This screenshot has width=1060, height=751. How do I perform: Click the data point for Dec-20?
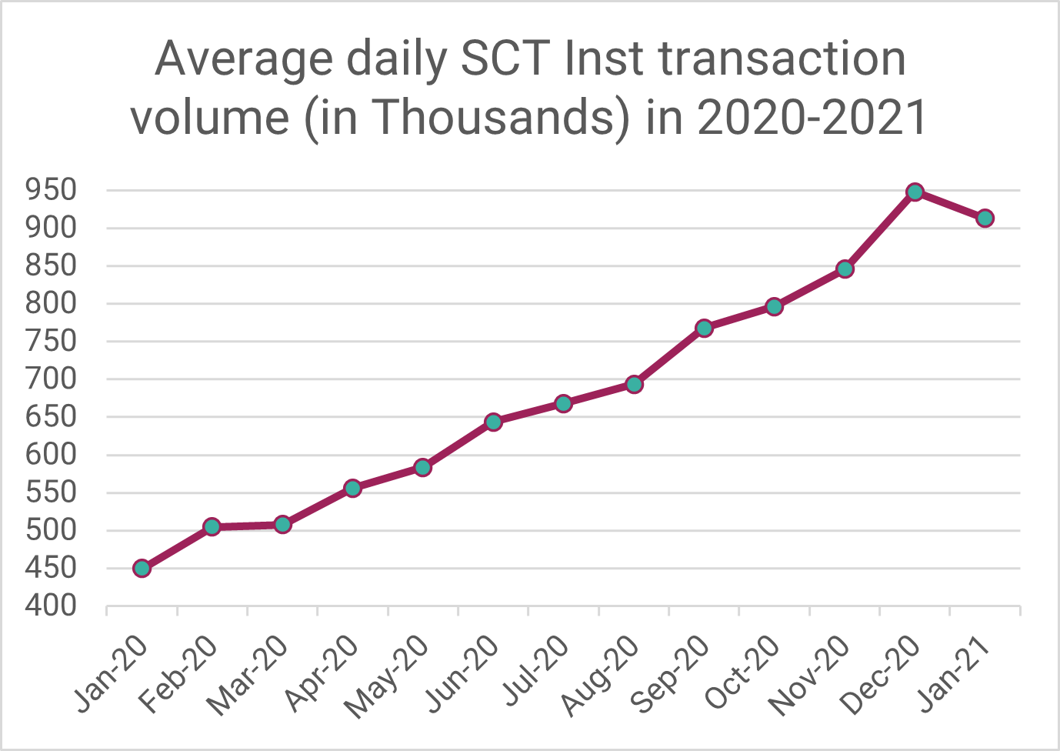[915, 192]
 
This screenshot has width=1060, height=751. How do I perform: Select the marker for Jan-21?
[985, 219]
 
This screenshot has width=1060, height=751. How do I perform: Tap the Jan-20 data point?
[142, 568]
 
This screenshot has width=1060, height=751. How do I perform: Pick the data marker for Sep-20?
[704, 328]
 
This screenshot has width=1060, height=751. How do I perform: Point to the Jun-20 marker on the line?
[494, 422]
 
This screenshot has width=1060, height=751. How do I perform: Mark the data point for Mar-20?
[282, 525]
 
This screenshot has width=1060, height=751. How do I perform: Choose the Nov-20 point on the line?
[845, 269]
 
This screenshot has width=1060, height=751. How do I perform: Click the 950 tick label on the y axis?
[51, 190]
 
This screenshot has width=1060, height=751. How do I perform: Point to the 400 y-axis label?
[51, 606]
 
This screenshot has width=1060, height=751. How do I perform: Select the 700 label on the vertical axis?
[51, 379]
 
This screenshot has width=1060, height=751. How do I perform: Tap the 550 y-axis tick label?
[51, 492]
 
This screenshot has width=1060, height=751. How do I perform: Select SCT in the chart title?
[506, 58]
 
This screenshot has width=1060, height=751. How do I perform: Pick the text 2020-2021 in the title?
[812, 116]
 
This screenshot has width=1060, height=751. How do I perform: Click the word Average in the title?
[244, 62]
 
